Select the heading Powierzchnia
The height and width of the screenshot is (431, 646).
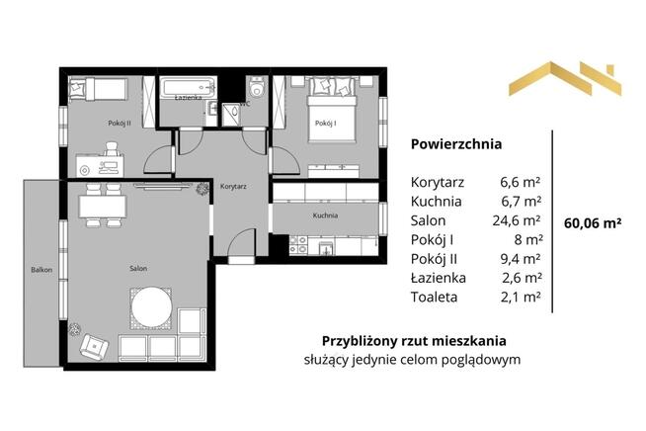click(455, 143)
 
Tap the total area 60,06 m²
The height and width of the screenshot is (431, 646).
click(592, 223)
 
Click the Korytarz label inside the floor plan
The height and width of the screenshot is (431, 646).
click(232, 186)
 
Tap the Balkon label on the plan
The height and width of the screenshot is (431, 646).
click(40, 269)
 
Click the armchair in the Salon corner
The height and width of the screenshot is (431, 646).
click(95, 345)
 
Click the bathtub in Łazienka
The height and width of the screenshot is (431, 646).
click(188, 87)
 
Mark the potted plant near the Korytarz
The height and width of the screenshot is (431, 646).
click(202, 187)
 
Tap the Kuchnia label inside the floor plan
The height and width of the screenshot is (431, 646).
click(326, 215)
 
